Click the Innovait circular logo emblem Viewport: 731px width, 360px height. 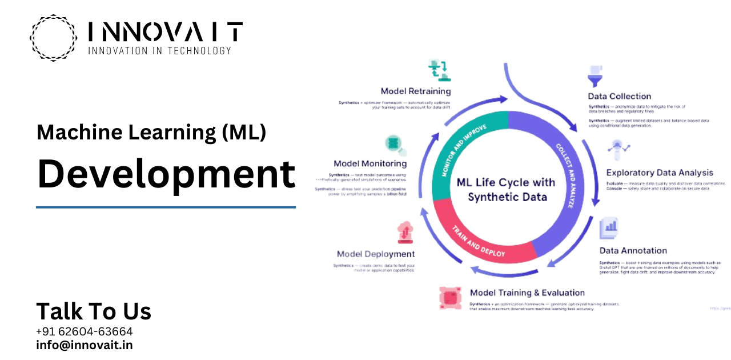pyautogui.click(x=53, y=38)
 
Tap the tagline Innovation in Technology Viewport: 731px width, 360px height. pyautogui.click(x=159, y=50)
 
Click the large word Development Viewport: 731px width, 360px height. pyautogui.click(x=166, y=174)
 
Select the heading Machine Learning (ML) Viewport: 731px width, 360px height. pyautogui.click(x=151, y=133)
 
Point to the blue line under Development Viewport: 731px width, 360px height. pyautogui.click(x=166, y=207)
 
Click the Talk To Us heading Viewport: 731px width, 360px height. pyautogui.click(x=94, y=311)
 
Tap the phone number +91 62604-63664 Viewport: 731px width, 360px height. pyautogui.click(x=85, y=331)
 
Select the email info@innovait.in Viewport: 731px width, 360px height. pyautogui.click(x=85, y=345)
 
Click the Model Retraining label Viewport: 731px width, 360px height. pyautogui.click(x=416, y=91)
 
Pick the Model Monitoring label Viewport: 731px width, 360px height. pyautogui.click(x=370, y=163)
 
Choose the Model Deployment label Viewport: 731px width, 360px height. pyautogui.click(x=376, y=254)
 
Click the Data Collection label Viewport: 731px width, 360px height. pyautogui.click(x=620, y=96)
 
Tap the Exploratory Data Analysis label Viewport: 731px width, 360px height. pyautogui.click(x=660, y=173)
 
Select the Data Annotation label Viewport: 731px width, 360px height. pyautogui.click(x=633, y=250)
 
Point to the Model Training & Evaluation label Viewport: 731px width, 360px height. pyautogui.click(x=527, y=293)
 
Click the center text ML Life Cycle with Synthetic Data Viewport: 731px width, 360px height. pyautogui.click(x=507, y=190)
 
